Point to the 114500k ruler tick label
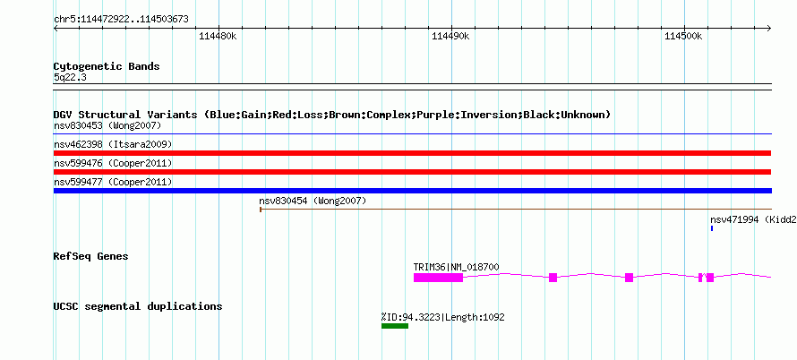pos(684,37)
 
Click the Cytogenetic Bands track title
pos(107,66)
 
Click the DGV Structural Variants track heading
pos(331,115)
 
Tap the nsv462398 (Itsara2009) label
pos(113,144)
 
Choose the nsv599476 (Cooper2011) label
pos(113,163)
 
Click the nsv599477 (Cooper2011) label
pos(113,182)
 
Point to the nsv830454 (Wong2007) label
pos(313,201)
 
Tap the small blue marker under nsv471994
pos(712,228)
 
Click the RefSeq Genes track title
pos(90,256)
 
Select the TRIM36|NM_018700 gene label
pos(456,267)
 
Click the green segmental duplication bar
pos(394,326)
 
